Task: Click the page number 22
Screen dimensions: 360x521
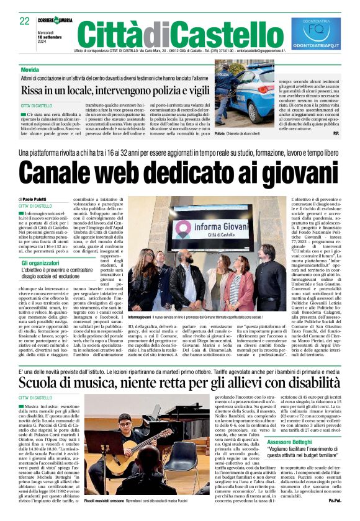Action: [24, 21]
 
